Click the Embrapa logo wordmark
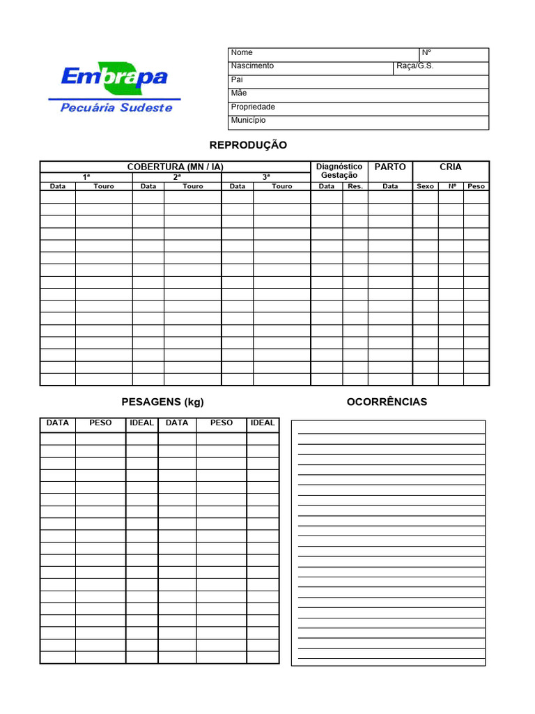click(114, 76)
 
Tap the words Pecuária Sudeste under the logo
click(116, 107)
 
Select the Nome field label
click(242, 53)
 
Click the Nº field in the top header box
click(427, 53)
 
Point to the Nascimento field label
click(252, 66)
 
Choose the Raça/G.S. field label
click(414, 66)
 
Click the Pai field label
click(237, 80)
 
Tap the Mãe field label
click(238, 93)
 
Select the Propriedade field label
click(253, 107)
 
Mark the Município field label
click(248, 121)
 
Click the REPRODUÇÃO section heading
click(248, 145)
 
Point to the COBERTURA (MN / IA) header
click(175, 167)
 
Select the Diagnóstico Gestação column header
click(339, 171)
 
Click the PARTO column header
click(390, 167)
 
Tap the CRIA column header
click(451, 167)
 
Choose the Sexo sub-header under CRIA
click(425, 186)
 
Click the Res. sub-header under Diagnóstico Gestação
click(355, 186)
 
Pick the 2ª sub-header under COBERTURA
click(176, 177)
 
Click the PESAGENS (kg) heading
click(163, 402)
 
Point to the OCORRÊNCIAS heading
click(387, 402)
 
